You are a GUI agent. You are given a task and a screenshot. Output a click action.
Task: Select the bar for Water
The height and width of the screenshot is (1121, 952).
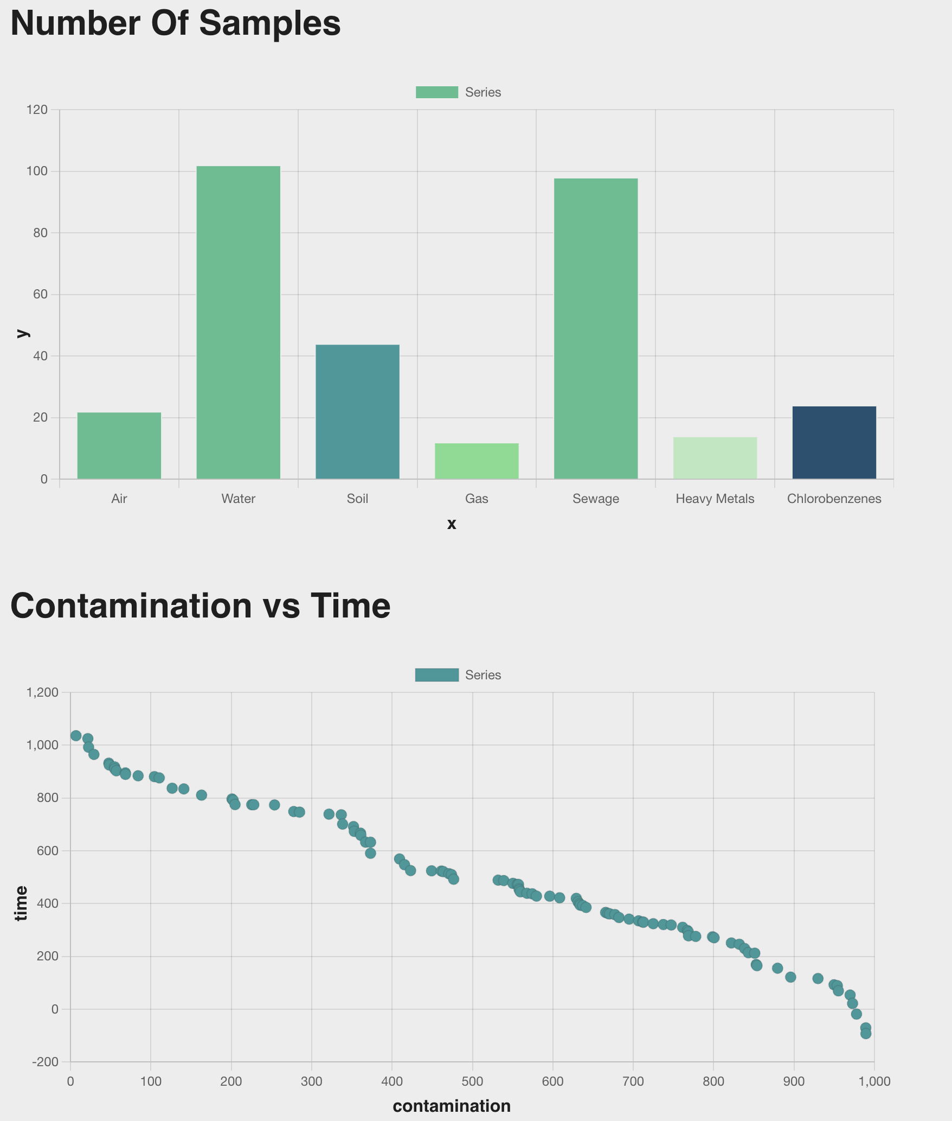(238, 322)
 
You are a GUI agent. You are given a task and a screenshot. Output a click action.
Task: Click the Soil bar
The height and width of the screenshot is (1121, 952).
(357, 412)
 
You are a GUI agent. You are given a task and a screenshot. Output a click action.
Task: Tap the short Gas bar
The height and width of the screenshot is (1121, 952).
(477, 461)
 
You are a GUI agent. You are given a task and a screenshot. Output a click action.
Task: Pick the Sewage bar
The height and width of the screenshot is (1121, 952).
(596, 329)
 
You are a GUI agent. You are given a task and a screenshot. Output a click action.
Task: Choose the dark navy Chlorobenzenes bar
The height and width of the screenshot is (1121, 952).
(834, 443)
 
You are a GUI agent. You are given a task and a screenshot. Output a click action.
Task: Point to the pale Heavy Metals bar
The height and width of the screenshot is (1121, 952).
(715, 458)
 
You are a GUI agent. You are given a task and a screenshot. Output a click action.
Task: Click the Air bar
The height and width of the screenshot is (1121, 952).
(119, 445)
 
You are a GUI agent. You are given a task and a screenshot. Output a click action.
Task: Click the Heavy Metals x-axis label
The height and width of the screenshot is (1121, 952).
(715, 499)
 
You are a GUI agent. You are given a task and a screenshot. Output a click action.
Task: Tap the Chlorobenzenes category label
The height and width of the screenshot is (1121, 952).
(834, 499)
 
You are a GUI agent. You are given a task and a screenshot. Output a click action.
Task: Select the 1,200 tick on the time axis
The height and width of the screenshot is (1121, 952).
(46, 692)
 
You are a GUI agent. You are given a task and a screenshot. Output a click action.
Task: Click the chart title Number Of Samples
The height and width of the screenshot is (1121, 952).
(176, 24)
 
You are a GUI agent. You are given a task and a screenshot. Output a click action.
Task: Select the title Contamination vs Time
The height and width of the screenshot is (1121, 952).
(200, 606)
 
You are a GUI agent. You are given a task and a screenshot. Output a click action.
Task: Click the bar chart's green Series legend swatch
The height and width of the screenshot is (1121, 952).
(436, 92)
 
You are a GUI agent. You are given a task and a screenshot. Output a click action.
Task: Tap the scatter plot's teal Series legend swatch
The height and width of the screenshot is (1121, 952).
(436, 675)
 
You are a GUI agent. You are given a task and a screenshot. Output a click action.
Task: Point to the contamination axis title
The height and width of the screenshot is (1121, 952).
(451, 1105)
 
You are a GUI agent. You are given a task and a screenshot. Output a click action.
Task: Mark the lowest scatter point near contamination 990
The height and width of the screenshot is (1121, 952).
(866, 1034)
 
